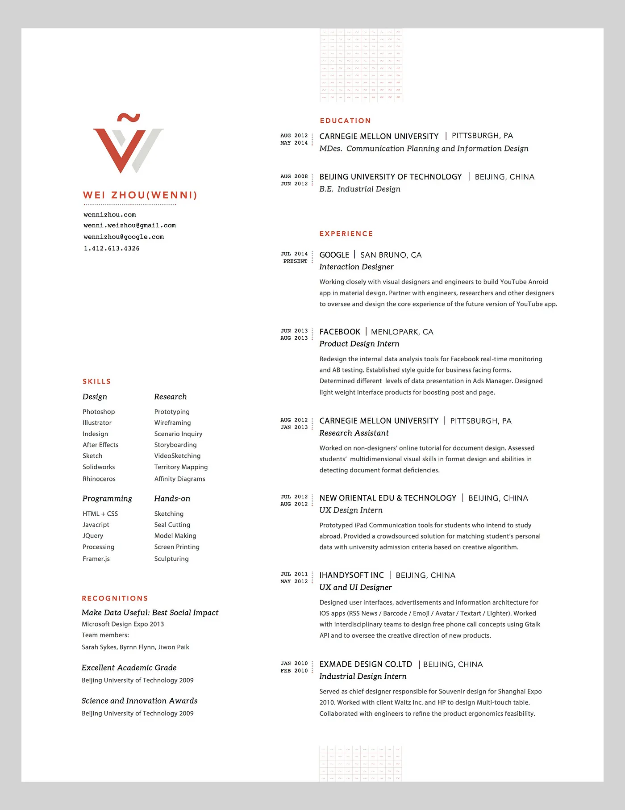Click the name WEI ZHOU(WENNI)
tap(140, 195)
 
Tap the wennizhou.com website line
tap(110, 215)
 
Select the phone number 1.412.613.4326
tap(112, 248)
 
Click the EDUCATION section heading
tap(345, 121)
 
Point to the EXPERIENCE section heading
tap(346, 234)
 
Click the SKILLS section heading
tap(96, 381)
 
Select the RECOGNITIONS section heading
tap(115, 598)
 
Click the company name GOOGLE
tap(334, 255)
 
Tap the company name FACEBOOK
tap(340, 332)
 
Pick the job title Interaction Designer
tap(356, 267)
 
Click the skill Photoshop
tap(99, 412)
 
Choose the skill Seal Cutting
tap(172, 525)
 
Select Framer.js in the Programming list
tap(96, 559)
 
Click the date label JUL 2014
tap(294, 254)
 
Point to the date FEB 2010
tap(294, 671)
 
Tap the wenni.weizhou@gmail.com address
tap(129, 225)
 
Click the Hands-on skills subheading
tap(172, 498)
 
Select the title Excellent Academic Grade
tap(129, 668)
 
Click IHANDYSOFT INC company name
tap(351, 575)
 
